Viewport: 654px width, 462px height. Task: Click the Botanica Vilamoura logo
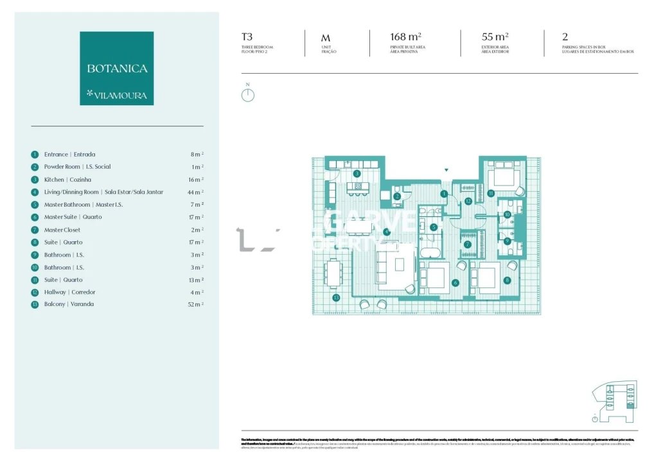click(x=116, y=68)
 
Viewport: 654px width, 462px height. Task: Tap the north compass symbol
click(x=247, y=94)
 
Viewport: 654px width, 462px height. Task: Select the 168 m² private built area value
click(x=405, y=37)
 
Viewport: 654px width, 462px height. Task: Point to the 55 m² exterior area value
click(x=495, y=37)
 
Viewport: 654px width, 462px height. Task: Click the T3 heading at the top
click(x=247, y=37)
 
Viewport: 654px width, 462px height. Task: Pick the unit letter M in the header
click(x=326, y=38)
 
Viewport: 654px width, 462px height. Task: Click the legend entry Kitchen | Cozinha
click(x=67, y=180)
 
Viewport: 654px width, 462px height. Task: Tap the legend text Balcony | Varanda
click(x=69, y=304)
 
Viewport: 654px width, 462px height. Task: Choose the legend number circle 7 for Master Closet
click(x=35, y=230)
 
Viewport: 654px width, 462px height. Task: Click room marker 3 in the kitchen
click(x=357, y=173)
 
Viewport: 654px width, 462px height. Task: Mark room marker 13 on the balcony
click(x=336, y=298)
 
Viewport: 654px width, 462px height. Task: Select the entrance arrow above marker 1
click(x=446, y=170)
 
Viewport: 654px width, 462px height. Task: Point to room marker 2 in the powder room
click(x=397, y=196)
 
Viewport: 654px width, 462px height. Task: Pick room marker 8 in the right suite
click(x=507, y=280)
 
